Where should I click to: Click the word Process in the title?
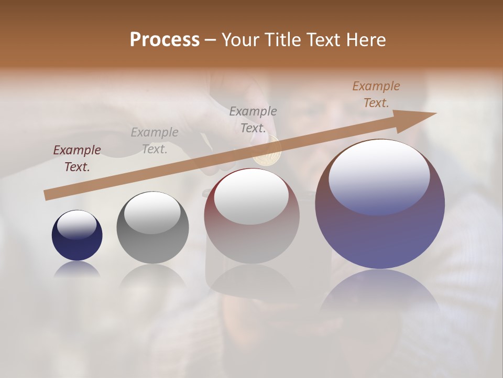coord(165,39)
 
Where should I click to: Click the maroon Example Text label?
coord(77,159)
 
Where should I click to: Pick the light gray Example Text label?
coord(155,141)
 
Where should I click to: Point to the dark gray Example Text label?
coord(253,120)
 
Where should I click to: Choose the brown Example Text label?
coord(376,94)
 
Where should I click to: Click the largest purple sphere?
coord(380,226)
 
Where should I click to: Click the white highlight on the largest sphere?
coord(379,176)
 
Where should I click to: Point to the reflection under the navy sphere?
coord(77,269)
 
